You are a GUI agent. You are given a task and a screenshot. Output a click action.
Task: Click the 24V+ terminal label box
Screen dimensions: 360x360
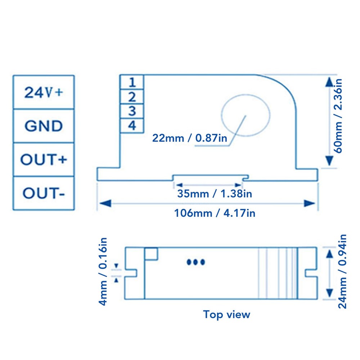(43, 92)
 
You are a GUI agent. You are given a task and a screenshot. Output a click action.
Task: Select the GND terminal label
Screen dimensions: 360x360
(43, 126)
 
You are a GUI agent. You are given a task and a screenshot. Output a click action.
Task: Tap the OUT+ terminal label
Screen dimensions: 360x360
(43, 159)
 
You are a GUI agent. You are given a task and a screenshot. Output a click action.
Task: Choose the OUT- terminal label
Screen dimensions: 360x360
(43, 193)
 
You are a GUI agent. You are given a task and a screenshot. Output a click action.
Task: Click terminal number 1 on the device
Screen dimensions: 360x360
(132, 82)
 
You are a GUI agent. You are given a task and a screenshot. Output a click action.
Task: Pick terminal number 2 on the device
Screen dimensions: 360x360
(132, 96)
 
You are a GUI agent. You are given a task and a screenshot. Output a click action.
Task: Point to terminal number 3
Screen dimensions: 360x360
(132, 111)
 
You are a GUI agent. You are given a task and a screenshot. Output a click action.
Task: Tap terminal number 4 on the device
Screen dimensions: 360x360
(132, 125)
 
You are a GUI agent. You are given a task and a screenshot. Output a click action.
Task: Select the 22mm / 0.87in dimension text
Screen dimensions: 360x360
(190, 138)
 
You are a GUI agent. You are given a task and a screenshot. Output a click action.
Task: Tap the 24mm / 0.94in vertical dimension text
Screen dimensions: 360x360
(342, 271)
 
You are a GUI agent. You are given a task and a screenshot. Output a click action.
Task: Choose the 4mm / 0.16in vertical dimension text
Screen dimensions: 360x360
(103, 271)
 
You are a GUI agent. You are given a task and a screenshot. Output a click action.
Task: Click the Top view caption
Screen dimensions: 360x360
(226, 314)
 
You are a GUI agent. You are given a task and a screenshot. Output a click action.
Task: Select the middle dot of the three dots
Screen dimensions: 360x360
(195, 262)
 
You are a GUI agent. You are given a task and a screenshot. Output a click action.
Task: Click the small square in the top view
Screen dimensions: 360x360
(151, 254)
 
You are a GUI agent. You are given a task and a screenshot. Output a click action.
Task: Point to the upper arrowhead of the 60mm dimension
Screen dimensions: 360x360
(328, 82)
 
